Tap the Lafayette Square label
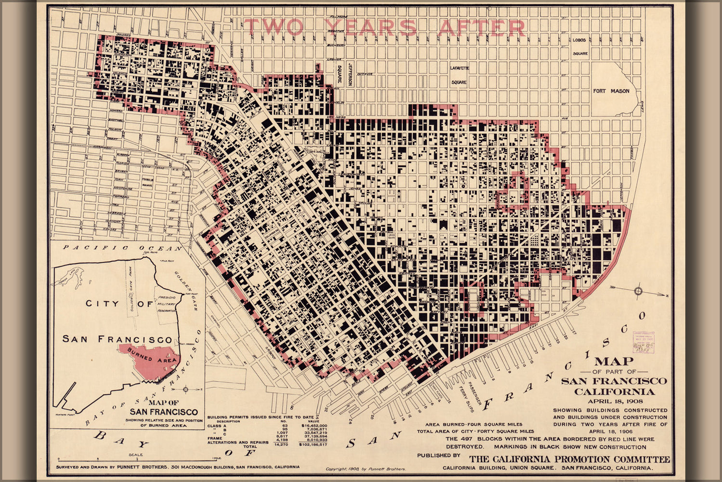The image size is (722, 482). [x=459, y=75]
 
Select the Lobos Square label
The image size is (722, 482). [x=580, y=47]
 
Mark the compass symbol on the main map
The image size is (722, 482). [x=638, y=291]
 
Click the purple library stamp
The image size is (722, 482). [x=644, y=342]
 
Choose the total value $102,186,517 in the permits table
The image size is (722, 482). [x=313, y=444]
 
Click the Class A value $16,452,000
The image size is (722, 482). [x=314, y=426]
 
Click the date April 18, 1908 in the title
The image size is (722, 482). [x=614, y=401]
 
